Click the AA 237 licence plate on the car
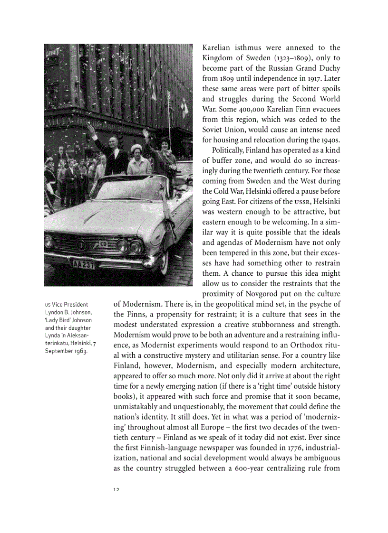pyautogui.click(x=83, y=264)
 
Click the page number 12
pyautogui.click(x=116, y=490)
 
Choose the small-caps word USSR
pyautogui.click(x=301, y=202)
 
